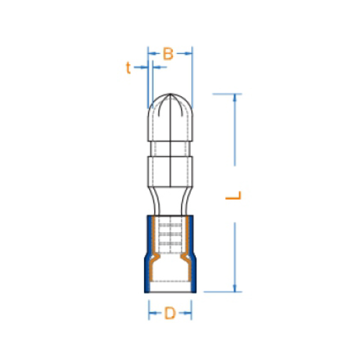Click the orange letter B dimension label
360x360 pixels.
(168, 54)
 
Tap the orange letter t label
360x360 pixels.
(128, 67)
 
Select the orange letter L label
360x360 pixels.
(233, 195)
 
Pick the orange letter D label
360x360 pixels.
(170, 313)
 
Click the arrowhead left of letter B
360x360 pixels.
(152, 54)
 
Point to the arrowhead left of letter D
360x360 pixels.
(152, 313)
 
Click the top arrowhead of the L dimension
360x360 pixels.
(235, 97)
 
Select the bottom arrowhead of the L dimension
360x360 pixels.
(235, 289)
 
